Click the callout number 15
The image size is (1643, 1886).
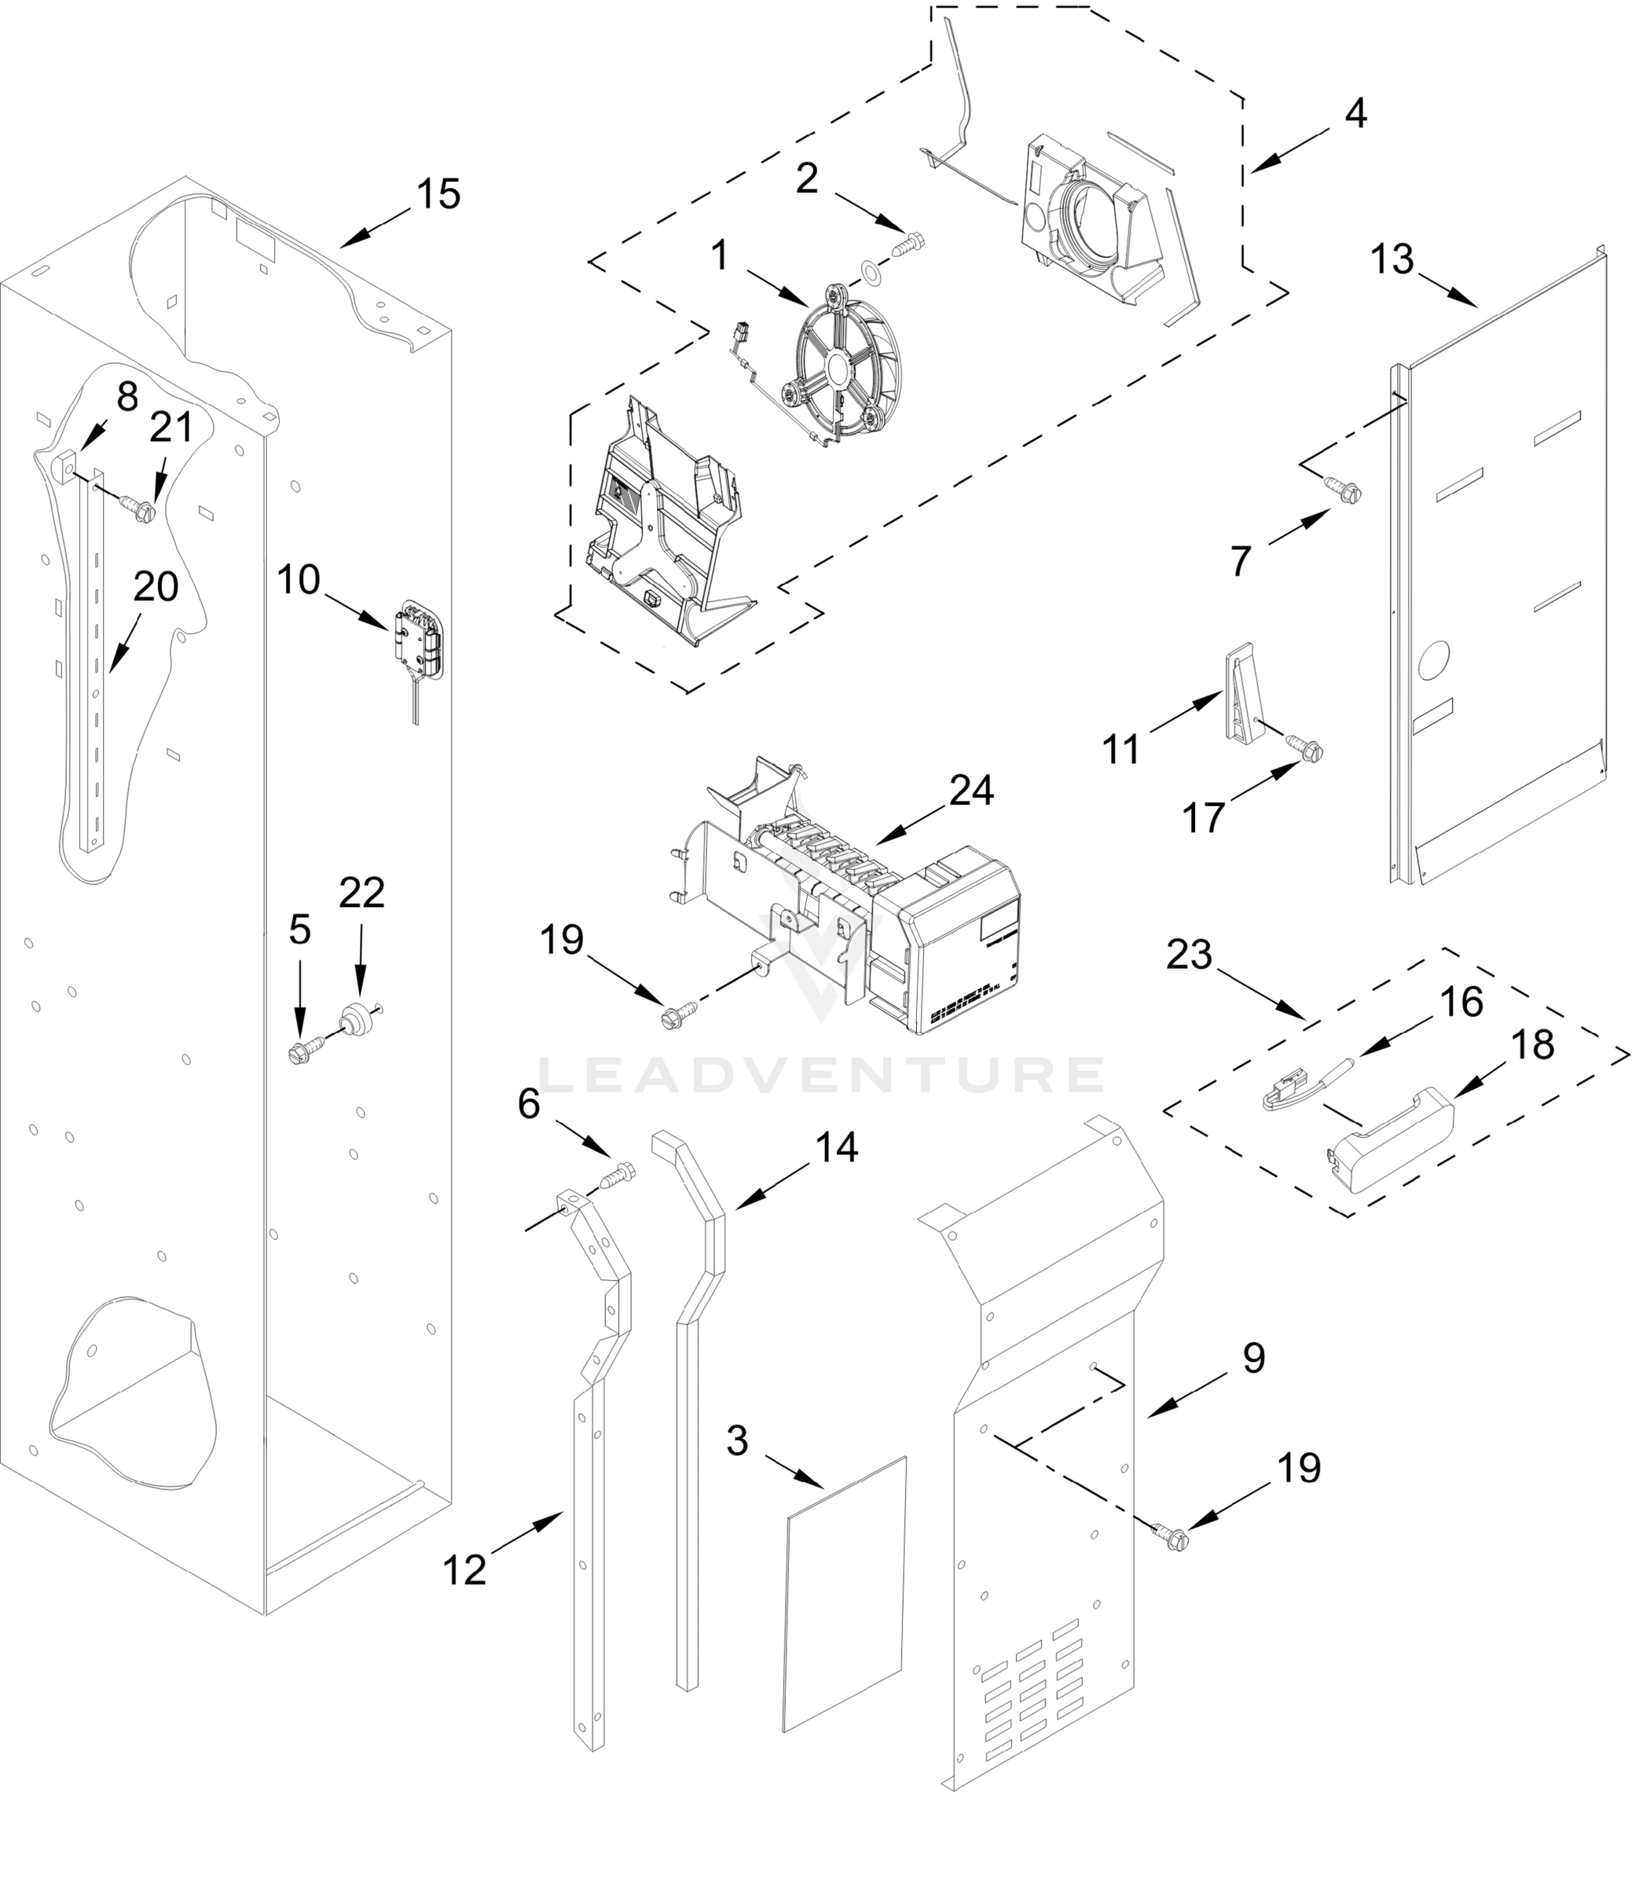coord(438,194)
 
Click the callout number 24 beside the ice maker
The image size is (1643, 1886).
coord(971,791)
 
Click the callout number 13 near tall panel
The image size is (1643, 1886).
coord(1392,259)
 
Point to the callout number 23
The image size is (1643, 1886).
coord(1189,956)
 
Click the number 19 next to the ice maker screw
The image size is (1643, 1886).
coord(561,940)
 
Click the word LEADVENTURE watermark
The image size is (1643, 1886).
coord(820,1074)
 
